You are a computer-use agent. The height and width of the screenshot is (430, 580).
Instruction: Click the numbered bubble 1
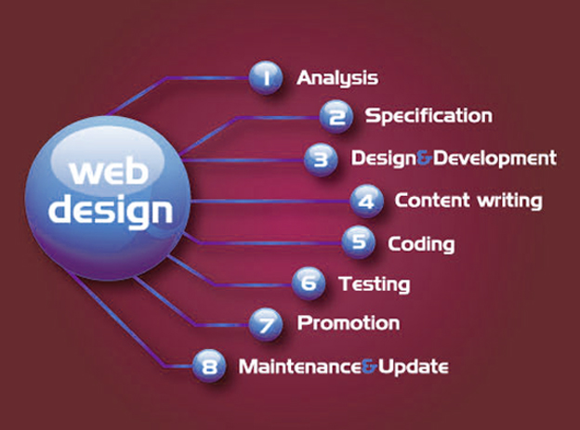266,78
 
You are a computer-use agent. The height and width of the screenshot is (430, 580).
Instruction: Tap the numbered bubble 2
336,116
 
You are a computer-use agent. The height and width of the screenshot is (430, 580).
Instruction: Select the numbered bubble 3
321,160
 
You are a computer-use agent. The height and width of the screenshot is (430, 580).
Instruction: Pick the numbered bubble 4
366,202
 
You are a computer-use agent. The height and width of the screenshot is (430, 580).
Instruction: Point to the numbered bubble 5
359,242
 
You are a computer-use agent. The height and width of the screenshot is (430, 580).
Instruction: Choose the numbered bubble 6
309,283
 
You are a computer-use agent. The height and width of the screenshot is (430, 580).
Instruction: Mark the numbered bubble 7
266,324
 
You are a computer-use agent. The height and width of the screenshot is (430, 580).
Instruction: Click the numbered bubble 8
209,366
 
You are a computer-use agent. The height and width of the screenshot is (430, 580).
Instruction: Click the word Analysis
337,78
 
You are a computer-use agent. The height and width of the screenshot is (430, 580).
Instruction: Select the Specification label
428,116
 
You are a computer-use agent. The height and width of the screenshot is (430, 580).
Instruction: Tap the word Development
494,159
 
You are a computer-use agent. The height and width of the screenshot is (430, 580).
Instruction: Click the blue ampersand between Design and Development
424,158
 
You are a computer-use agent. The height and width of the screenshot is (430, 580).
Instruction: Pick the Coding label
421,244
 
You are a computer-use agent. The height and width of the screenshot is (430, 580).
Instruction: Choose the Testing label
375,285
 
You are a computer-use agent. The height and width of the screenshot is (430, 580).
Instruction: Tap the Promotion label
349,323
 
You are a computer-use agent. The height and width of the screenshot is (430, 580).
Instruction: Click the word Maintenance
300,367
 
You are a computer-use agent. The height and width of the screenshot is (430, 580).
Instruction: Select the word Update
414,368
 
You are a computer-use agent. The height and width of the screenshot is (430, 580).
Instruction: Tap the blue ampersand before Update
369,367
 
